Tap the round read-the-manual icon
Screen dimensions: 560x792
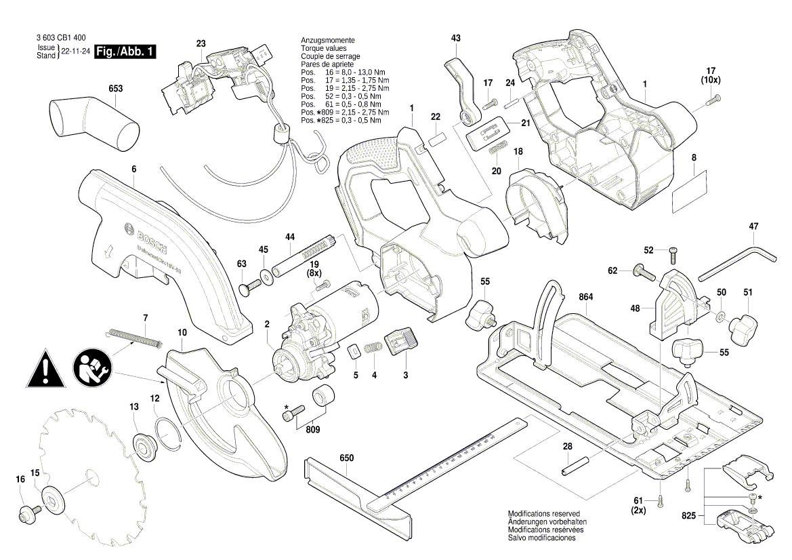91,369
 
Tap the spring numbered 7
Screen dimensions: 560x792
136,336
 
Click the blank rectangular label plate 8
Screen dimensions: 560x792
689,192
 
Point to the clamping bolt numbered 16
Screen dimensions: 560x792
28,512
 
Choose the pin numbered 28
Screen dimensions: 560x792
575,466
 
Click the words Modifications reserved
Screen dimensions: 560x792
543,514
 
